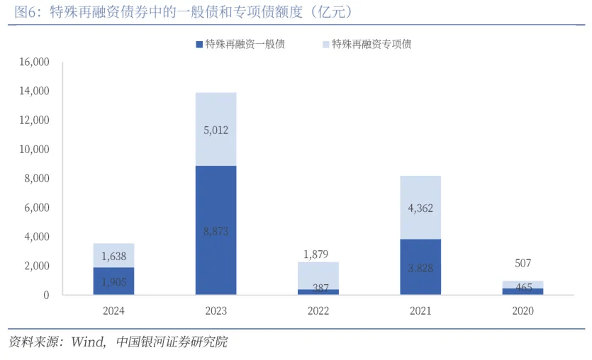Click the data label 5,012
click(216, 130)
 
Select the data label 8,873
click(216, 231)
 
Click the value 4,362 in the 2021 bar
click(420, 208)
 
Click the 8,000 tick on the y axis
click(36, 179)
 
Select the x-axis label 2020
click(523, 310)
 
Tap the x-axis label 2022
click(318, 310)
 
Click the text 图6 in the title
click(25, 12)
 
